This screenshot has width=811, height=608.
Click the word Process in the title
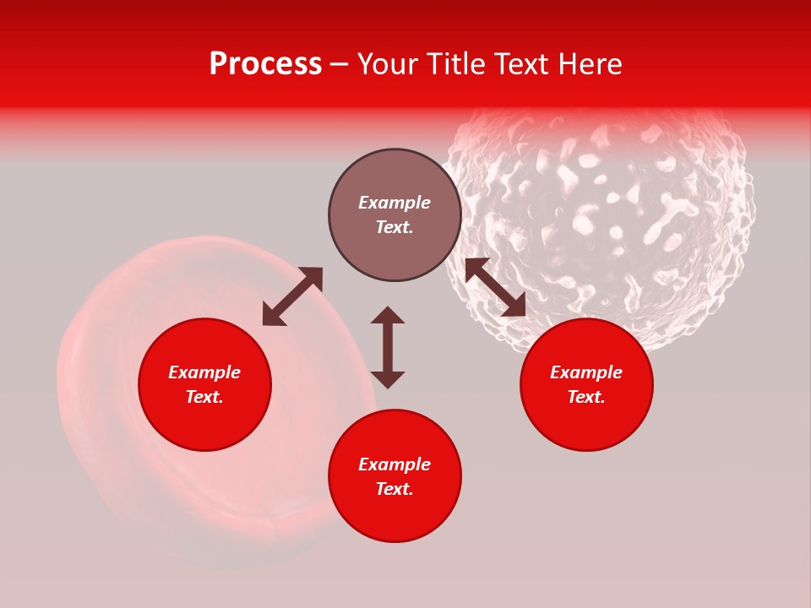265,64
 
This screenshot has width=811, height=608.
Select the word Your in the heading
386,64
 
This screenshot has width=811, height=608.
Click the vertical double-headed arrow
388,347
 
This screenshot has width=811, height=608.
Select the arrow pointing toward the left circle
292,296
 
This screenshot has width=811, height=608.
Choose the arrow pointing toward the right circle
495,287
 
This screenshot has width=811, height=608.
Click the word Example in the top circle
395,203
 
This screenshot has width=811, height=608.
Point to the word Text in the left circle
204,397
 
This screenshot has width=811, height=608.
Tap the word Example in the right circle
586,372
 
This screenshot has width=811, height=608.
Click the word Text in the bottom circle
395,489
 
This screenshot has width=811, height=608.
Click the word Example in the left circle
204,372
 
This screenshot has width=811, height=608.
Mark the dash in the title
339,64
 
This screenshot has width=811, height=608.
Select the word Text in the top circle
395,227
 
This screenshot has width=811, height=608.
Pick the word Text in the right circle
586,397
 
